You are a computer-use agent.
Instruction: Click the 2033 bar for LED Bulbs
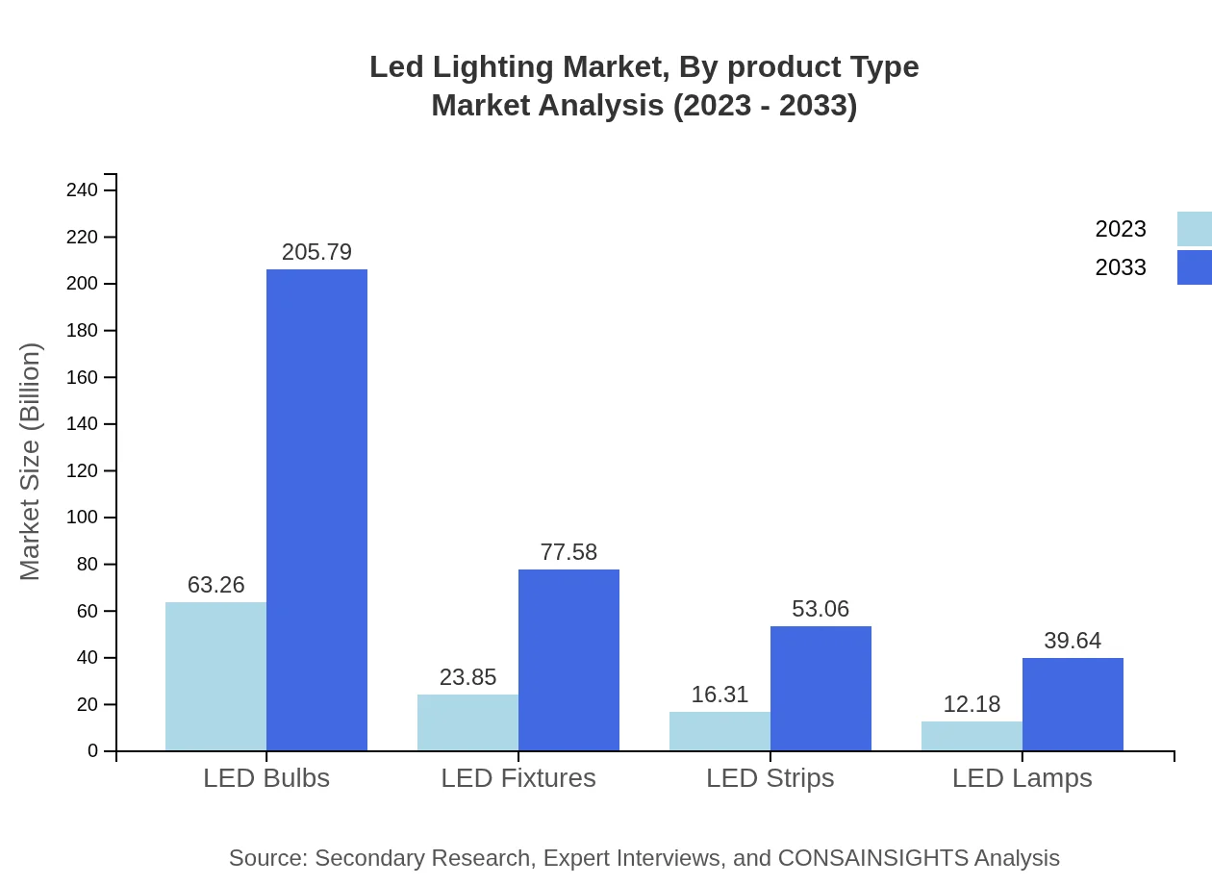(316, 510)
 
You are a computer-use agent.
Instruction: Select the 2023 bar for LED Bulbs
(215, 676)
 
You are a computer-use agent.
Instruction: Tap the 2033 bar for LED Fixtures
(568, 660)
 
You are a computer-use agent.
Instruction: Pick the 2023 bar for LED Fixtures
(467, 722)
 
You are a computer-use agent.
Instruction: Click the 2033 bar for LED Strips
(821, 689)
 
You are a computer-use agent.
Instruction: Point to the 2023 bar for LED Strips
(720, 731)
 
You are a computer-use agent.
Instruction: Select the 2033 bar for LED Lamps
(1073, 704)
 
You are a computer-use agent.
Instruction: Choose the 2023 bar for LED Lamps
(972, 736)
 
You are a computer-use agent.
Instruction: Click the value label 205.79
(316, 252)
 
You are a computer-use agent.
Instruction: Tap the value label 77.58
(568, 552)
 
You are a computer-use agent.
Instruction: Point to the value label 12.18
(972, 704)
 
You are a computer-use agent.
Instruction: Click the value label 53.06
(821, 609)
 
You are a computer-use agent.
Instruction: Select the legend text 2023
(1121, 229)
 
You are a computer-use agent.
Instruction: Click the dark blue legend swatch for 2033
(1194, 267)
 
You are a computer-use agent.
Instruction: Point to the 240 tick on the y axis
(83, 190)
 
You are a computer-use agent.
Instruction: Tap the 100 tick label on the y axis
(83, 518)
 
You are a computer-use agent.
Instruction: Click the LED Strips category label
(770, 777)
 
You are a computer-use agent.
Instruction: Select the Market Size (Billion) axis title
(30, 462)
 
